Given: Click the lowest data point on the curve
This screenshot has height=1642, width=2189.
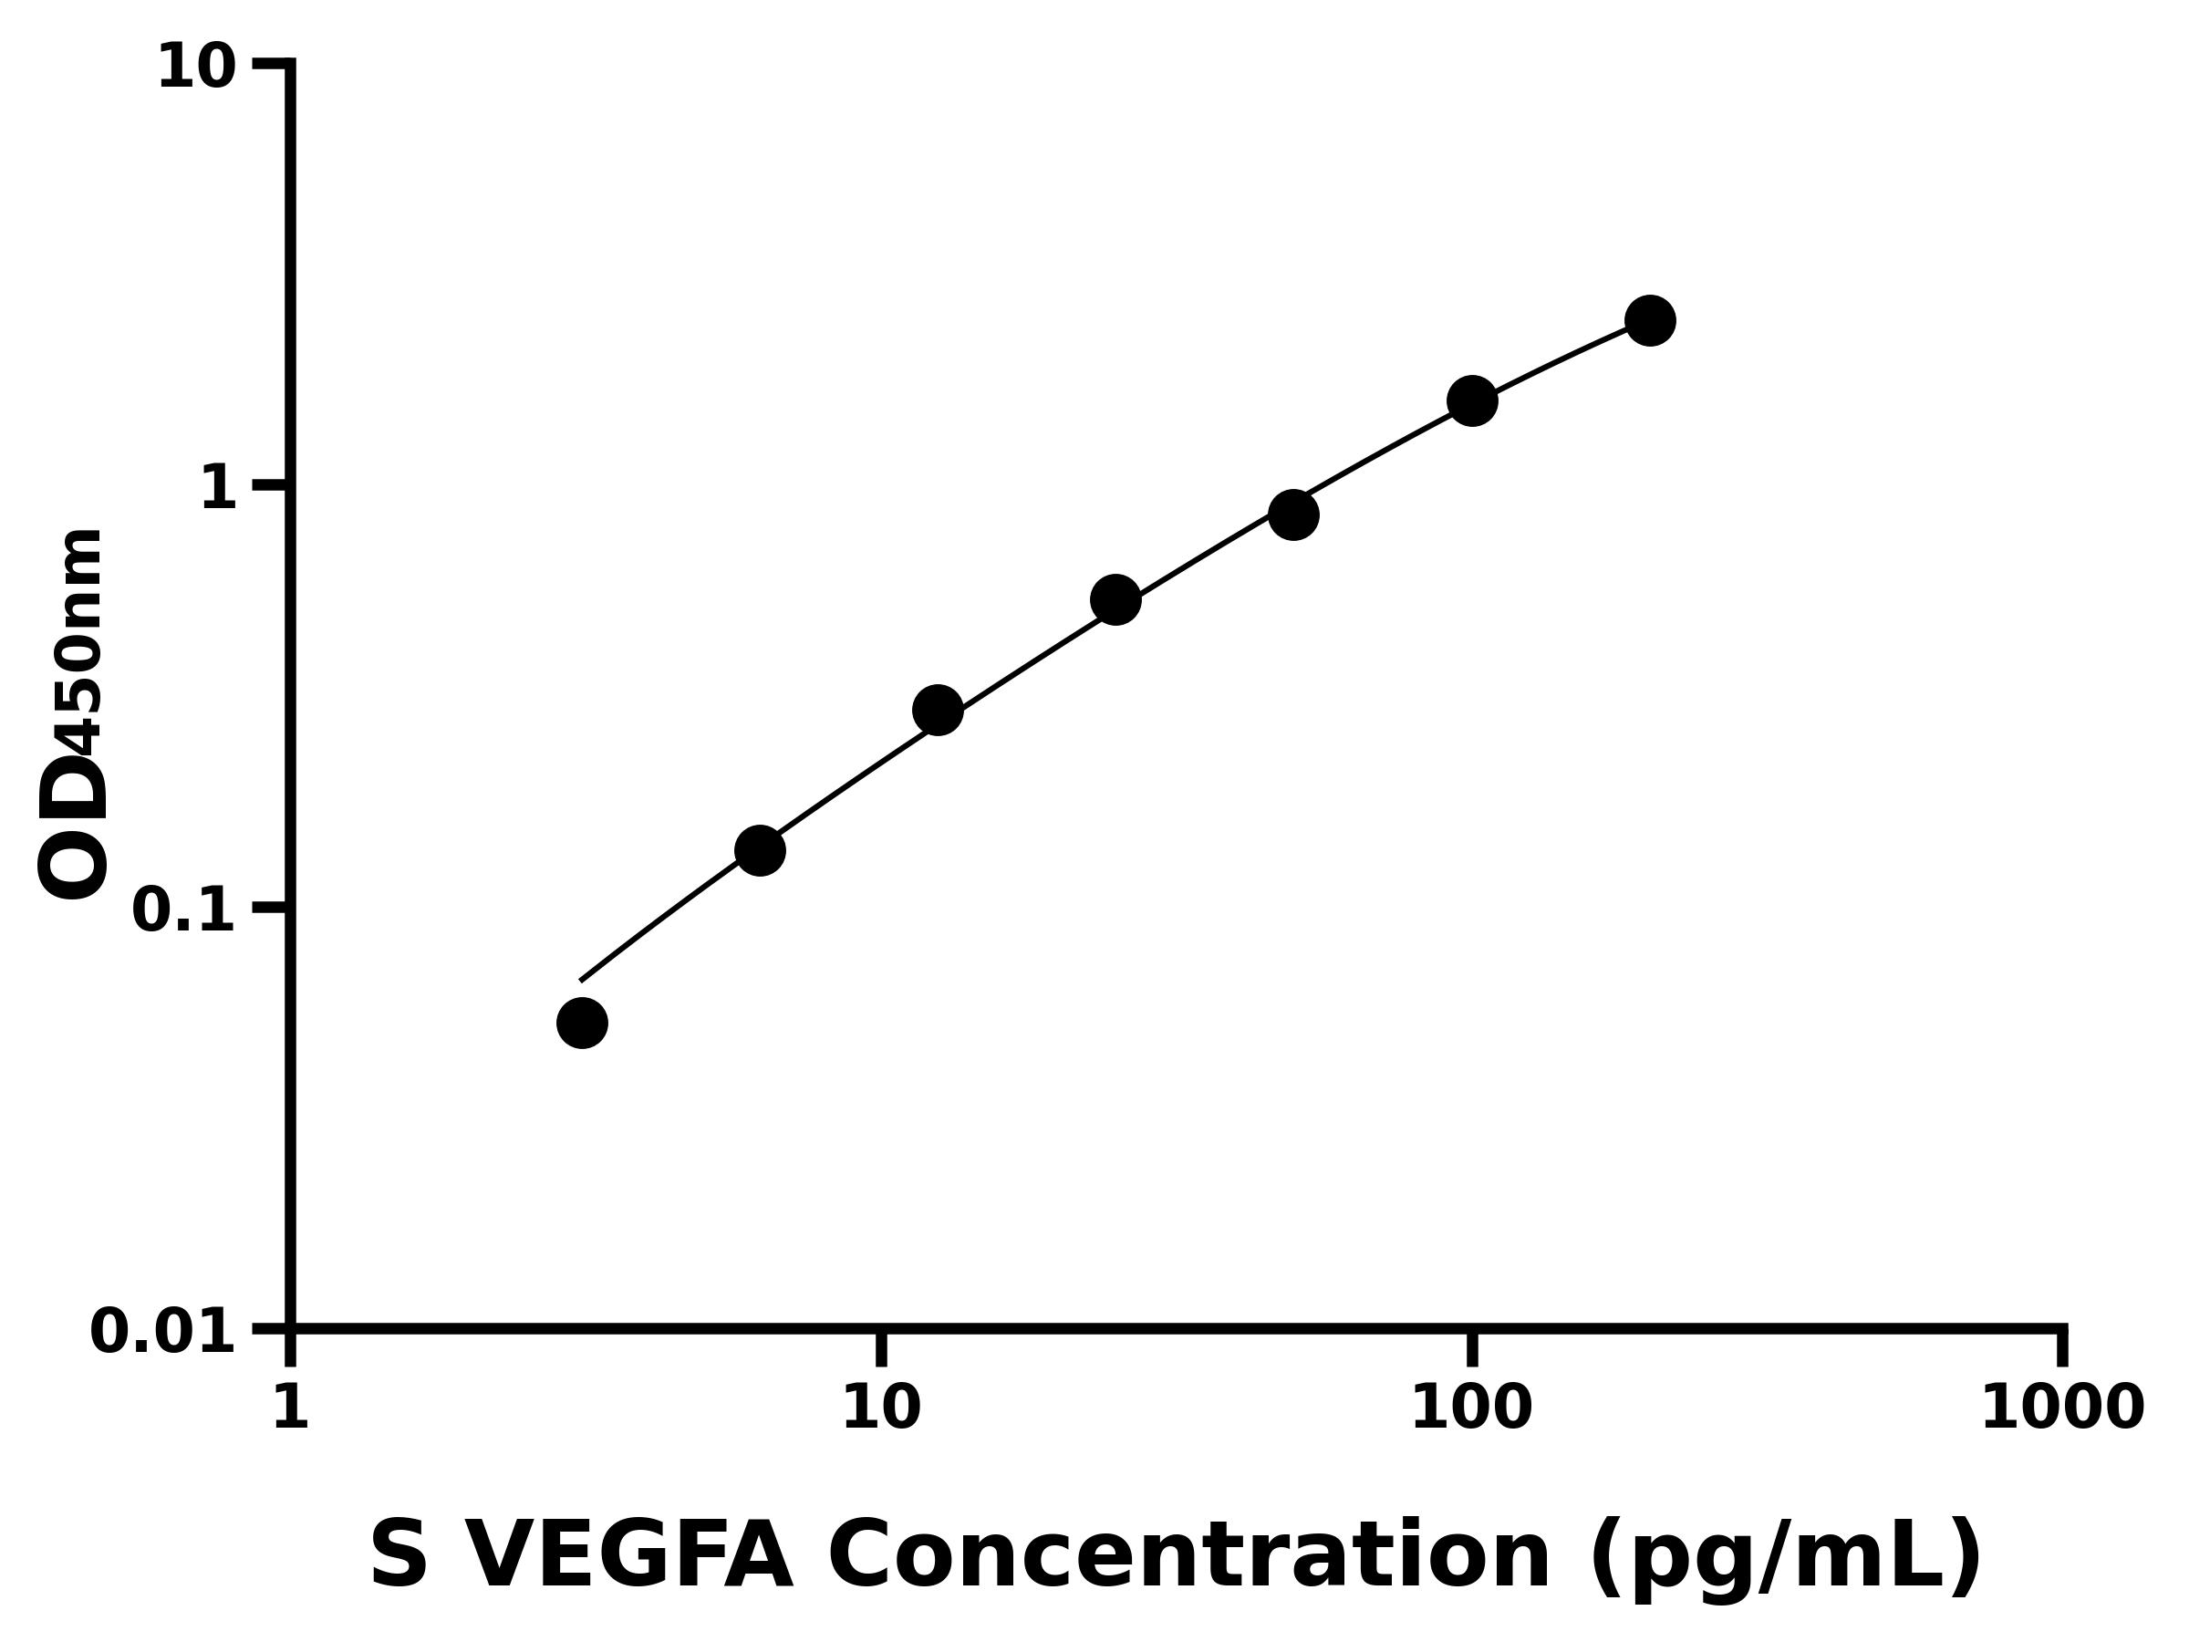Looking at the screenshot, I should (x=582, y=1023).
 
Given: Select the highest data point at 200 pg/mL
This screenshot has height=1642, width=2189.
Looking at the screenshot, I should (x=1650, y=319).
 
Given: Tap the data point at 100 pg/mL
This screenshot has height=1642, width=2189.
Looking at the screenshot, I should (x=1471, y=400).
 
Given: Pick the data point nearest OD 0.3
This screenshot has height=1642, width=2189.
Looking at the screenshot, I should (x=937, y=710).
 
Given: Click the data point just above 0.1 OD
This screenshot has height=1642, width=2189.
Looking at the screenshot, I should (x=760, y=850).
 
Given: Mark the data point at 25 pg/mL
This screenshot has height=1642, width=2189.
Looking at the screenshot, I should (x=1115, y=600).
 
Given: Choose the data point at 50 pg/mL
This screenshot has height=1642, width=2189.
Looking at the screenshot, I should (x=1292, y=514).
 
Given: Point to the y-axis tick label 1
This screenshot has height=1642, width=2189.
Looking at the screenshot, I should (x=219, y=489).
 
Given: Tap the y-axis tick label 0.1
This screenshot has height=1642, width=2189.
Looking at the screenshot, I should (x=184, y=910).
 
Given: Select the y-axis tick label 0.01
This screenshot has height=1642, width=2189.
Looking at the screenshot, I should (x=163, y=1332).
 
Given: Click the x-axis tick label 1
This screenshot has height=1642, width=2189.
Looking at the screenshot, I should (x=290, y=1408).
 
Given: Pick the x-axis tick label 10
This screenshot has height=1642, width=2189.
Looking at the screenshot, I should (x=881, y=1408).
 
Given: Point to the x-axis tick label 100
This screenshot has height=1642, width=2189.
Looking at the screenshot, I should (x=1470, y=1408).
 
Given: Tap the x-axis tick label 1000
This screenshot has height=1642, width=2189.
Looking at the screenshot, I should (x=2061, y=1408).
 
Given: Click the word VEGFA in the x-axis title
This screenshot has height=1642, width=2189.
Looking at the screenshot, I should (x=628, y=1557).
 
